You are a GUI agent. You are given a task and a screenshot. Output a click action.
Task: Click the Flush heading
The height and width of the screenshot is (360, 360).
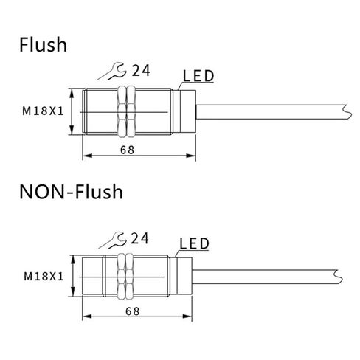click(43, 44)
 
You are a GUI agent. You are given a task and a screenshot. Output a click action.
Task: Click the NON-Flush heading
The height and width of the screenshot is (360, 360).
click(71, 191)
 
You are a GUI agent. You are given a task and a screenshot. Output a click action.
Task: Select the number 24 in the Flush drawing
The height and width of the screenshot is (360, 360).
click(141, 71)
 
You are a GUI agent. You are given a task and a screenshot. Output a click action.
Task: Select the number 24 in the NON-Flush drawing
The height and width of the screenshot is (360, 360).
click(139, 238)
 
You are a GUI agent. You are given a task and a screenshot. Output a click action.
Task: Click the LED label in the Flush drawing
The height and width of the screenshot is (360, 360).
click(198, 76)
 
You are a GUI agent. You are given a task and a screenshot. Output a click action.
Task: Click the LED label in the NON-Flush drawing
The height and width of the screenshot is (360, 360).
click(194, 243)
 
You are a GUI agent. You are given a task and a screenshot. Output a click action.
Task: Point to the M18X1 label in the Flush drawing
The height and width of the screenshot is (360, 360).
click(43, 111)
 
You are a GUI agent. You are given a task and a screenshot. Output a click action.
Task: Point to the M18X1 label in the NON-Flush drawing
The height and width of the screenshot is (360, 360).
click(44, 277)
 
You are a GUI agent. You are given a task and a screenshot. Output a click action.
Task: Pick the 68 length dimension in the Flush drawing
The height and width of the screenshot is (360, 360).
click(128, 150)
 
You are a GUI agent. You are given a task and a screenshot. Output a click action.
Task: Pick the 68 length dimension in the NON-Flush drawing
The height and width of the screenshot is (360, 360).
click(133, 311)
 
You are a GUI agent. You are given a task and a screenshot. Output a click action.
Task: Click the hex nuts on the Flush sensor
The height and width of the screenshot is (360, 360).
click(127, 111)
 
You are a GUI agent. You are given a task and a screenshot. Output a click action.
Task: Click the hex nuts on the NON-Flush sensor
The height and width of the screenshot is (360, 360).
click(125, 277)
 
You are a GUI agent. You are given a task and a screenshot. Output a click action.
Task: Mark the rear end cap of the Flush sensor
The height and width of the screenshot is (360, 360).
click(188, 111)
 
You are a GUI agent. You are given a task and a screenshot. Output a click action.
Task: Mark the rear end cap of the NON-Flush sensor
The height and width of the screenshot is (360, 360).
click(184, 276)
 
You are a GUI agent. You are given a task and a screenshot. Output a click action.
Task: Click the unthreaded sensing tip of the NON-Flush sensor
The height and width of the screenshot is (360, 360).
click(93, 277)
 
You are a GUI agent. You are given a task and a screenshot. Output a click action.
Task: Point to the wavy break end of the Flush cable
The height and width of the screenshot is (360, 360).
click(348, 112)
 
